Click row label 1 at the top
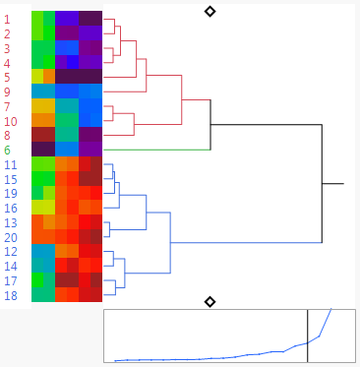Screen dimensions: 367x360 click(8, 19)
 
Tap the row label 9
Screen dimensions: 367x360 click(8, 92)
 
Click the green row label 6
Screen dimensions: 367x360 click(8, 150)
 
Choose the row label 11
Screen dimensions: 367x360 click(11, 164)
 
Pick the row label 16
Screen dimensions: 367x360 click(11, 208)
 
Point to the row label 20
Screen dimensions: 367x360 click(11, 237)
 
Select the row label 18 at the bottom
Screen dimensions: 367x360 click(11, 295)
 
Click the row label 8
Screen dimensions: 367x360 click(8, 135)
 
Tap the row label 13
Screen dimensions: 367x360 click(11, 222)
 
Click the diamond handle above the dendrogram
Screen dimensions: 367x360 click(210, 11)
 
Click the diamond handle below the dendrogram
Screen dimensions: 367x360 click(210, 301)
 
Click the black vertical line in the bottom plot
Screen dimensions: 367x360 click(308, 336)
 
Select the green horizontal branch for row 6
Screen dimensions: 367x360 click(157, 150)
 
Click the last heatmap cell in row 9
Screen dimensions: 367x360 click(90, 92)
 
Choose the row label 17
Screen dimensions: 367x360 click(11, 280)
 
